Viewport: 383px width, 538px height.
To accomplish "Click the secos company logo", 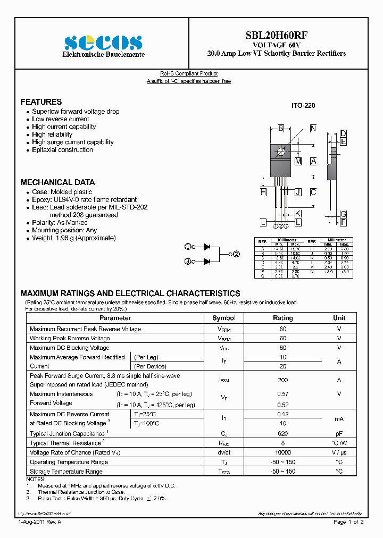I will click(x=103, y=43).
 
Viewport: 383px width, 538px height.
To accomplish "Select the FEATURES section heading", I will click(x=41, y=102).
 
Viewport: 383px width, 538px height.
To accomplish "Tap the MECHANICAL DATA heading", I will click(x=57, y=182).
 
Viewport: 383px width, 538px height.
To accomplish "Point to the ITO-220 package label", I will click(x=303, y=106).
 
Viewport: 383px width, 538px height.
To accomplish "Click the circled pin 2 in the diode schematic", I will click(x=237, y=254).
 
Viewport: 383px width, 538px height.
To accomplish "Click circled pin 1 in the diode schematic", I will click(x=187, y=247).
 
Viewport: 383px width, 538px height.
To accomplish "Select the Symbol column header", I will click(x=223, y=318).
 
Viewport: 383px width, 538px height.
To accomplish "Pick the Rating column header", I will click(x=282, y=318).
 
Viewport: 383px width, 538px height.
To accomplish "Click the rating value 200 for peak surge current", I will click(x=282, y=380).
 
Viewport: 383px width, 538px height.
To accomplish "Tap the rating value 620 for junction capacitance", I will click(x=282, y=433).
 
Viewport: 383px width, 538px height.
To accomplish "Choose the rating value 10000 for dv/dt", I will click(x=282, y=452).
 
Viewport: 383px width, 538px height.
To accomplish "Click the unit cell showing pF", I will click(x=339, y=433).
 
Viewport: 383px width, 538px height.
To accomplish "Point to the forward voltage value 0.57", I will click(x=282, y=394).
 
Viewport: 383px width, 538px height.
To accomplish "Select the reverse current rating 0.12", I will click(x=282, y=414).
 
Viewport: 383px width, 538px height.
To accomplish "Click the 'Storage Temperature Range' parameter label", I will click(x=66, y=472).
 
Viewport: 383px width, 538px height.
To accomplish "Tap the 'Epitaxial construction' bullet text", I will click(x=62, y=150).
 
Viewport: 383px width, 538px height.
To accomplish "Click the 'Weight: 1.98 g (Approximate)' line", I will click(x=73, y=238).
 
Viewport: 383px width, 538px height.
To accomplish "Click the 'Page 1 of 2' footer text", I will click(x=348, y=523).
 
